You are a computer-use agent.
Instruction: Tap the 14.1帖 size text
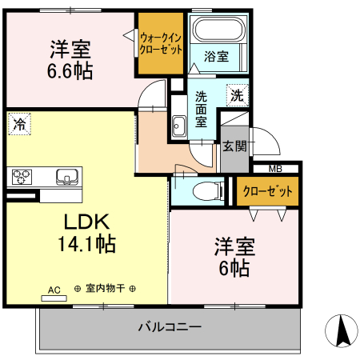point(86,243)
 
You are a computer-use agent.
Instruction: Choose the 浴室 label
point(216,57)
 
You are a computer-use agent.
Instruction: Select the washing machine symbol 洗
point(236,95)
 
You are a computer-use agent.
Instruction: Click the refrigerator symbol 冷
point(18,124)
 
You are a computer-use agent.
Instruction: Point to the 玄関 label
point(234,146)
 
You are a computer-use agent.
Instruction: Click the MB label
point(274,168)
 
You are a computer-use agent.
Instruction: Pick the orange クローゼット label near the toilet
point(267,191)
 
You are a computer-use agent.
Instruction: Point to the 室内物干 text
point(105,289)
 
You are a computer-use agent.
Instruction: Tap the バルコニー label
point(169,326)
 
